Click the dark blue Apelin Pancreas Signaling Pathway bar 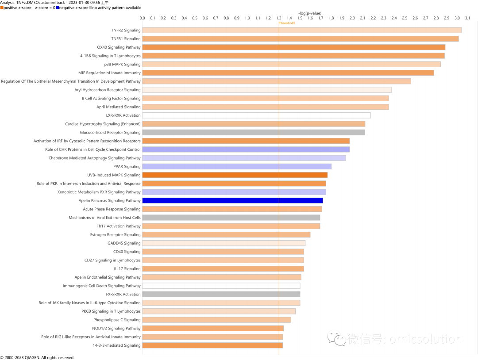pos(233,200)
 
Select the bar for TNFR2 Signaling pos(302,30)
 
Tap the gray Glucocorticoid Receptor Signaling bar pos(254,133)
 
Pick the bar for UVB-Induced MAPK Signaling pos(235,175)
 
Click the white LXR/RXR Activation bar pos(256,115)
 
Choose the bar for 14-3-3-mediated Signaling pos(212,345)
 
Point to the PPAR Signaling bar pos(237,167)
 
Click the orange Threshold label pos(287,23)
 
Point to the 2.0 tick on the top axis pos(352,18)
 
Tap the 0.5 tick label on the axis pos(195,18)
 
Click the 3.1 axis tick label pos(468,18)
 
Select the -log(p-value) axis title pos(310,13)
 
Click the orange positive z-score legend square pos(2,8)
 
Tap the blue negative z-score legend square pos(57,8)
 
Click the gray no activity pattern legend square pos(91,8)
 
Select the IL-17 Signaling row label pos(127,268)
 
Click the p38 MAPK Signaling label pos(122,64)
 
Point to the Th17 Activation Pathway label pos(119,226)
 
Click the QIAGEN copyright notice pos(37,357)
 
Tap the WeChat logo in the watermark pos(336,338)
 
